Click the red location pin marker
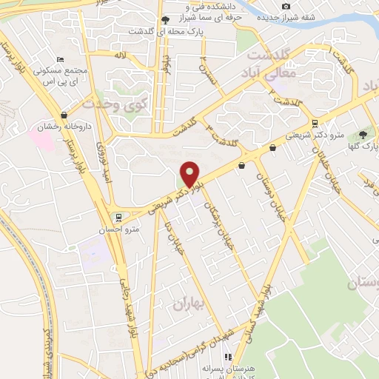click(x=190, y=175)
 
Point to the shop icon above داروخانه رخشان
click(x=65, y=115)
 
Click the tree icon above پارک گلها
click(x=363, y=134)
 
